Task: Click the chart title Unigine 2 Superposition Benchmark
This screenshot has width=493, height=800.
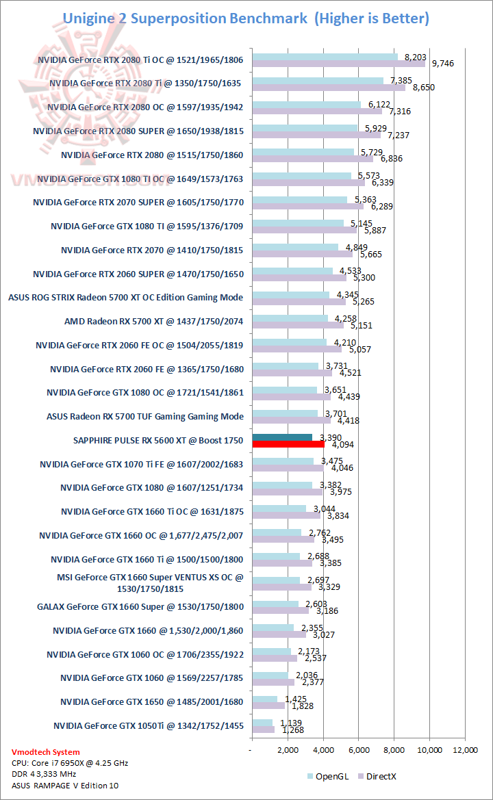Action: (185, 18)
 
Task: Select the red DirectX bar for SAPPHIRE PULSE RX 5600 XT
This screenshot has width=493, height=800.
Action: (288, 444)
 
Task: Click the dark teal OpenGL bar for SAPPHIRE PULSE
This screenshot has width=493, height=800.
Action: (282, 437)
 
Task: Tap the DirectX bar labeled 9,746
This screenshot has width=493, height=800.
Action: (338, 64)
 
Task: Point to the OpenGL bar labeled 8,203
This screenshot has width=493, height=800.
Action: (325, 57)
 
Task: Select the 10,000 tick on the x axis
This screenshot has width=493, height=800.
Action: (429, 750)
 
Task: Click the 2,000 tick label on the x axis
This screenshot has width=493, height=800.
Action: (288, 750)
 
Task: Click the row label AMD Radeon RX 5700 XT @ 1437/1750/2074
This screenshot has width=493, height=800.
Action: (154, 321)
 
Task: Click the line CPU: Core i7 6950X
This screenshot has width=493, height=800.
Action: (70, 763)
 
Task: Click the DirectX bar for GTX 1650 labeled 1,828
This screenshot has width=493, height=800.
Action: (268, 706)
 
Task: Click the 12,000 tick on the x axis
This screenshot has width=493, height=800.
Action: (465, 750)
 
